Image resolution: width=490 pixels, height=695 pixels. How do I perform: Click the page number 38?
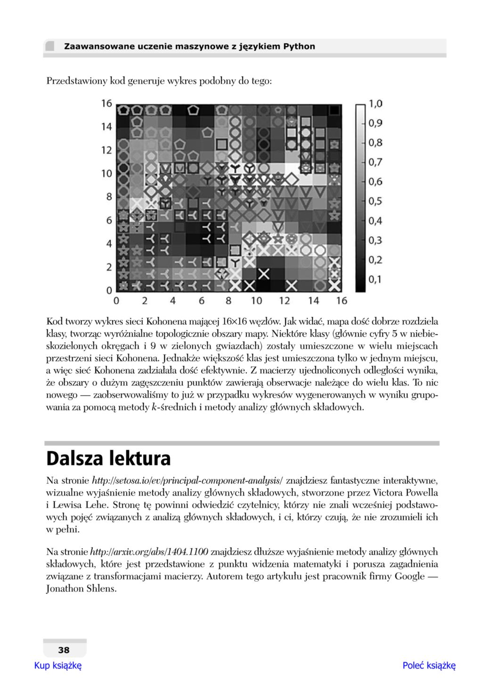[x=64, y=650]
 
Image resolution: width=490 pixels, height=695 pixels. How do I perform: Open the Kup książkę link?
[x=58, y=665]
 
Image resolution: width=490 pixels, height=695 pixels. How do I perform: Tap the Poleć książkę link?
[x=429, y=665]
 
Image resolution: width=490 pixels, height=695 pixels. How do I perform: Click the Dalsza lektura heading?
[x=108, y=458]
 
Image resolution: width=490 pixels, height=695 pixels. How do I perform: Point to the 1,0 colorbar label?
[x=376, y=104]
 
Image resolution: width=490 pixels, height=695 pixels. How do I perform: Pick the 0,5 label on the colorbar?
[x=376, y=201]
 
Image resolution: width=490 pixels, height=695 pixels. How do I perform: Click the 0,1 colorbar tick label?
[x=376, y=280]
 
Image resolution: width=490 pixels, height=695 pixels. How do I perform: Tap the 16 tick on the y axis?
[x=106, y=103]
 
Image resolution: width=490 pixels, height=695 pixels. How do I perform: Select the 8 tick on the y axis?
[x=109, y=197]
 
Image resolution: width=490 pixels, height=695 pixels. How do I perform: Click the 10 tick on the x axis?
[x=256, y=301]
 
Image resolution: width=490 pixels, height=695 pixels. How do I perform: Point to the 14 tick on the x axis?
[x=313, y=301]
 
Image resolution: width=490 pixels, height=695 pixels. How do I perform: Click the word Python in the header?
[x=299, y=47]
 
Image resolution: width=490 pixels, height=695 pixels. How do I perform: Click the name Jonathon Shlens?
[x=81, y=589]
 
